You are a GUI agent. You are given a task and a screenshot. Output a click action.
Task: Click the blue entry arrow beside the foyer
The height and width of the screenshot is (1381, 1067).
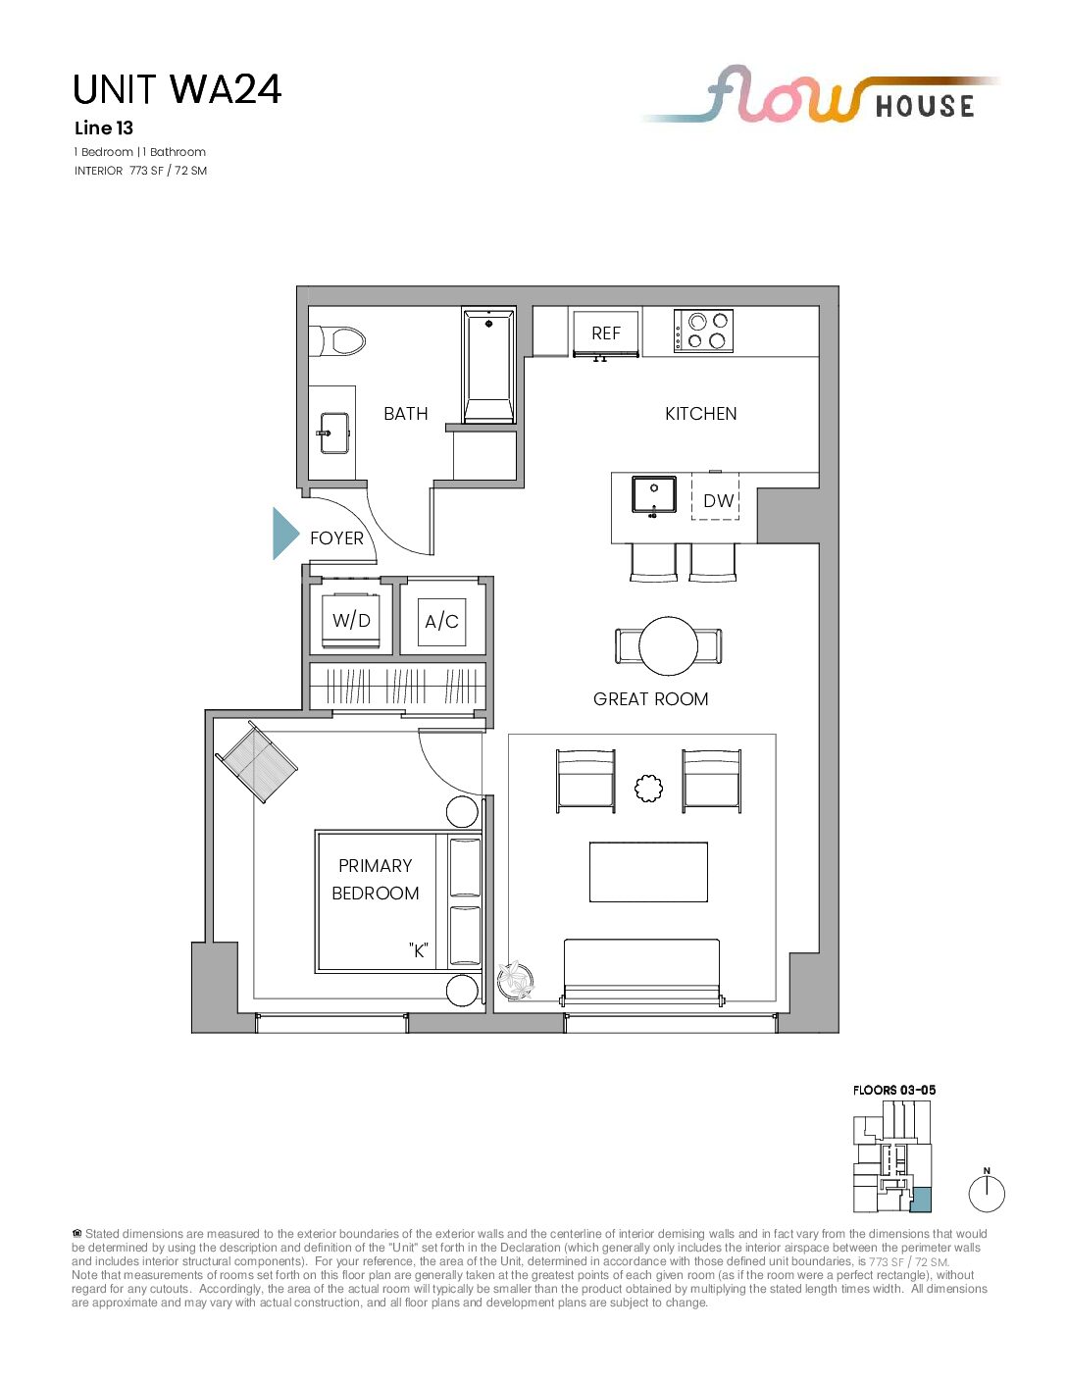(285, 534)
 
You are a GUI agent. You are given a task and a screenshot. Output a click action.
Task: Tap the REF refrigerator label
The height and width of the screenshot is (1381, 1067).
(606, 333)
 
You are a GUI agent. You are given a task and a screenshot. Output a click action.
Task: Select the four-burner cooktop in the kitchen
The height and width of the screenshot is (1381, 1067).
(703, 331)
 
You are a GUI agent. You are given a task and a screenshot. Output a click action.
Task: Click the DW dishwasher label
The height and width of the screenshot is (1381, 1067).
(719, 501)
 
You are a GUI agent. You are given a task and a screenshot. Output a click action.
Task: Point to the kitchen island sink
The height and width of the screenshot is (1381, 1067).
(654, 494)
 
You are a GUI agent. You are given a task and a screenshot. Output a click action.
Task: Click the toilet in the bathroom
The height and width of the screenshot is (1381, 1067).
(336, 341)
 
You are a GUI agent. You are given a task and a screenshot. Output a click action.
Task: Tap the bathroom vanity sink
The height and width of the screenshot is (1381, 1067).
(334, 433)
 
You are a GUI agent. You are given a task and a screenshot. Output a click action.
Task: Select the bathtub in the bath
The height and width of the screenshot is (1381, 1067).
(488, 366)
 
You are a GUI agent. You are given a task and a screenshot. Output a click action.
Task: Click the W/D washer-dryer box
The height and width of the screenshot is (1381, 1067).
(351, 620)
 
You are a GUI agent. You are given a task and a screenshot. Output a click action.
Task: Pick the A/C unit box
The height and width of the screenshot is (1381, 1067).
(441, 622)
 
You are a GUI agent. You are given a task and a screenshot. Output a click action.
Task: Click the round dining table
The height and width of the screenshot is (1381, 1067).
(669, 645)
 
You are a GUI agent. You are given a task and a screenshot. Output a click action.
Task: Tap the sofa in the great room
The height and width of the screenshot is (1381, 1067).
(641, 972)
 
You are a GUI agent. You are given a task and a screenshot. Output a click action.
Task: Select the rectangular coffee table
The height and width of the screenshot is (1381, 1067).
(648, 872)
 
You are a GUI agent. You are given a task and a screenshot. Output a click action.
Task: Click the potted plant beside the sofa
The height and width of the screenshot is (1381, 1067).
(515, 980)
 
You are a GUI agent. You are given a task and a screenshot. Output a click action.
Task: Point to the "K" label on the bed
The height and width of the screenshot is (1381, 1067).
(418, 950)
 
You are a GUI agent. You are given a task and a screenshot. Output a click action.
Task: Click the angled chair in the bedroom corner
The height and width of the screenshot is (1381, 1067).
(257, 761)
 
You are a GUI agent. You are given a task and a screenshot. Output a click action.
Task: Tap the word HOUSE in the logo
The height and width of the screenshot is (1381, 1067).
(925, 106)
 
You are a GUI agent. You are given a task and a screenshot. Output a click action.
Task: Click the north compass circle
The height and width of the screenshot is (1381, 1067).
(987, 1194)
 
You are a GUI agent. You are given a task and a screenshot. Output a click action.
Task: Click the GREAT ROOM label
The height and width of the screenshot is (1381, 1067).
(651, 699)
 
